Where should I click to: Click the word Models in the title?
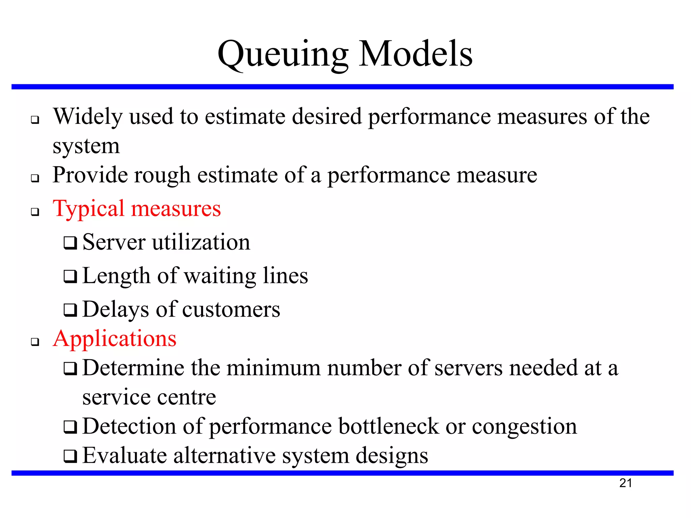[x=416, y=54]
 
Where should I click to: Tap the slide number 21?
[x=626, y=483]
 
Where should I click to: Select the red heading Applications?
[x=115, y=339]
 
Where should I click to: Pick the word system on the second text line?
[x=86, y=146]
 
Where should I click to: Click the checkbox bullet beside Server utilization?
[x=70, y=243]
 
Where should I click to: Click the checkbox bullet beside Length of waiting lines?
[x=70, y=277]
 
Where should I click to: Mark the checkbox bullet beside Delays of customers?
[x=70, y=310]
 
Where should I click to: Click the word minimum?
[x=273, y=368]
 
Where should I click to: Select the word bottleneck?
[x=389, y=426]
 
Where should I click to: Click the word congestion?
[x=524, y=427]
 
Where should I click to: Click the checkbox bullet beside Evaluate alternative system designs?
[x=70, y=456]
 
